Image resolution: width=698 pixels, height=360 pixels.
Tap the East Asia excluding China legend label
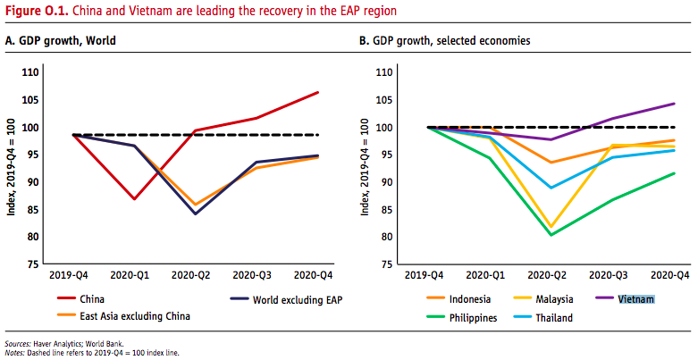[x=134, y=316]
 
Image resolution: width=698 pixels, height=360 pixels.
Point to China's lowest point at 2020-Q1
[x=135, y=198]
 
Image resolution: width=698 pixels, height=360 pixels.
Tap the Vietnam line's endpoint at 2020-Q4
[x=673, y=104]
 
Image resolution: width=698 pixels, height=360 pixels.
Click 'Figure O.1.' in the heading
[x=32, y=12]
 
